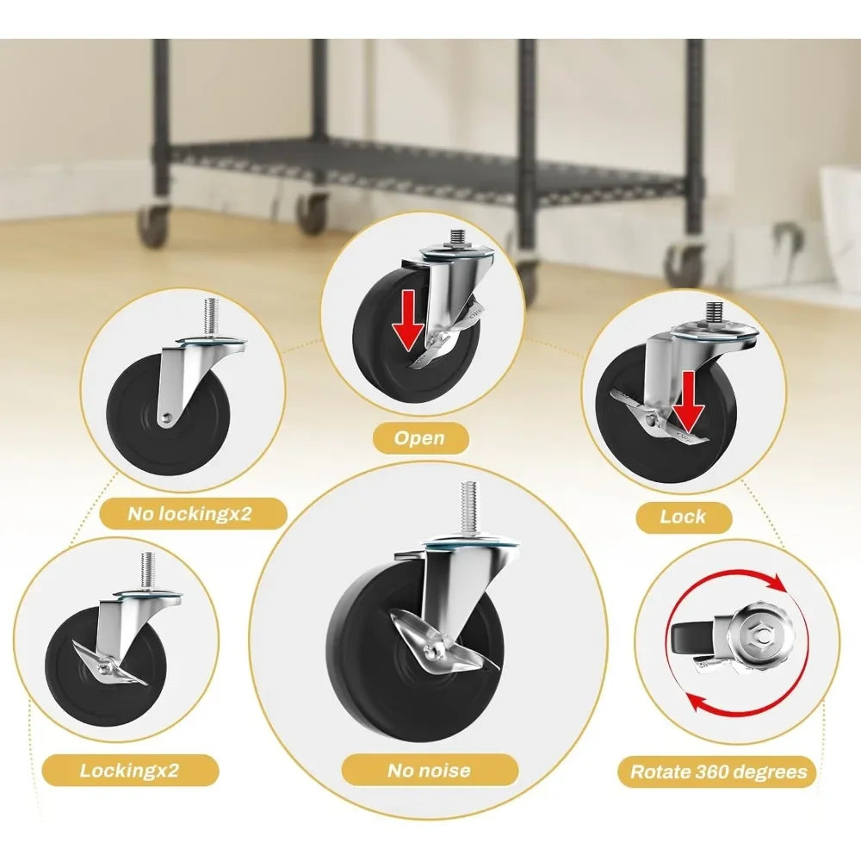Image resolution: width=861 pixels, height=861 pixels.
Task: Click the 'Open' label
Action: [419, 437]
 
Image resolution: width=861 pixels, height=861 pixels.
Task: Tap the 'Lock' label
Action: [683, 516]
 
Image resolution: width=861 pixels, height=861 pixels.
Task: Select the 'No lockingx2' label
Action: [189, 513]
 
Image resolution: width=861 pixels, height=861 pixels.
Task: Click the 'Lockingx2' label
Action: [130, 770]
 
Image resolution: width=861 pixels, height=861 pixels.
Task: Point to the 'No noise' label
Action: [429, 770]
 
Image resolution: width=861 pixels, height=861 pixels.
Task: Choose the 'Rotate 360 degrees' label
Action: [718, 771]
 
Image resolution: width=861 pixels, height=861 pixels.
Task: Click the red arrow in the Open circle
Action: [408, 320]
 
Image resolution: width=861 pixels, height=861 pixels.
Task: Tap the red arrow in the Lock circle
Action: [689, 400]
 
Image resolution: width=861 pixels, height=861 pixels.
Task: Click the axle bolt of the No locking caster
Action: [167, 419]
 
